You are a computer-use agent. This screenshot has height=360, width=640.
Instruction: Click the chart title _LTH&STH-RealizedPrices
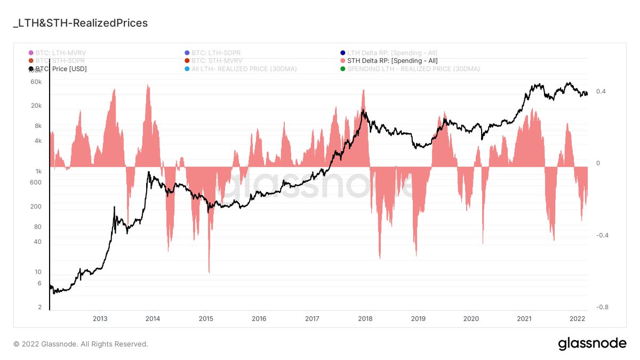point(79,23)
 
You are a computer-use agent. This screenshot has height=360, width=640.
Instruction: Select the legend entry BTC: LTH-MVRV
point(60,53)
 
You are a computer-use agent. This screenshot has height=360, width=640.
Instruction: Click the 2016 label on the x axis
point(259,319)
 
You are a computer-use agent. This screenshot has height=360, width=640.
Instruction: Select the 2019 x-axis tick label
point(418,319)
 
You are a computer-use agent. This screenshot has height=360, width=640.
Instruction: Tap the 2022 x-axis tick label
point(577,319)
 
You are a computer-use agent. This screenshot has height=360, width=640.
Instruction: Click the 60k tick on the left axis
point(36,82)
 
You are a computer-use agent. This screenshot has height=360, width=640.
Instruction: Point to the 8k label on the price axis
point(37,126)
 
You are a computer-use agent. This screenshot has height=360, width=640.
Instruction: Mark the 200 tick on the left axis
point(36,206)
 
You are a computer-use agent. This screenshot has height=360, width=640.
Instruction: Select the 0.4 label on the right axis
point(601,91)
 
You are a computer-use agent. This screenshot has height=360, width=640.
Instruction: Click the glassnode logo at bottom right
point(592,344)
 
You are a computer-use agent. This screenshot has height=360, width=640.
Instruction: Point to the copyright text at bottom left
point(81,344)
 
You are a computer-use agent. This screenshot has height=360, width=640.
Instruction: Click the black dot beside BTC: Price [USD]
point(30,69)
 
